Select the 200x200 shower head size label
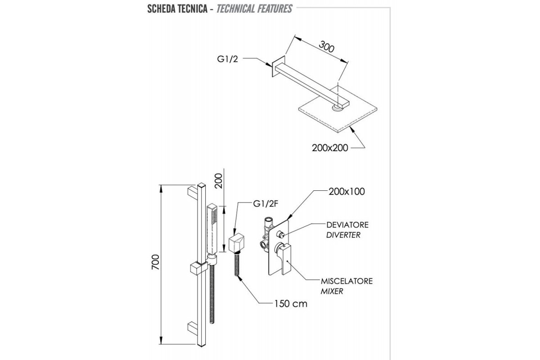point(330,148)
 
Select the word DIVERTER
point(343,235)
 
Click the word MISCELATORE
point(346,281)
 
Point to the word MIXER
point(332,291)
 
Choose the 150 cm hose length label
point(290,304)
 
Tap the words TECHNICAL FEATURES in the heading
point(254,9)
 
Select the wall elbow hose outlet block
point(234,244)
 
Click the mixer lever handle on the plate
point(285,256)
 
